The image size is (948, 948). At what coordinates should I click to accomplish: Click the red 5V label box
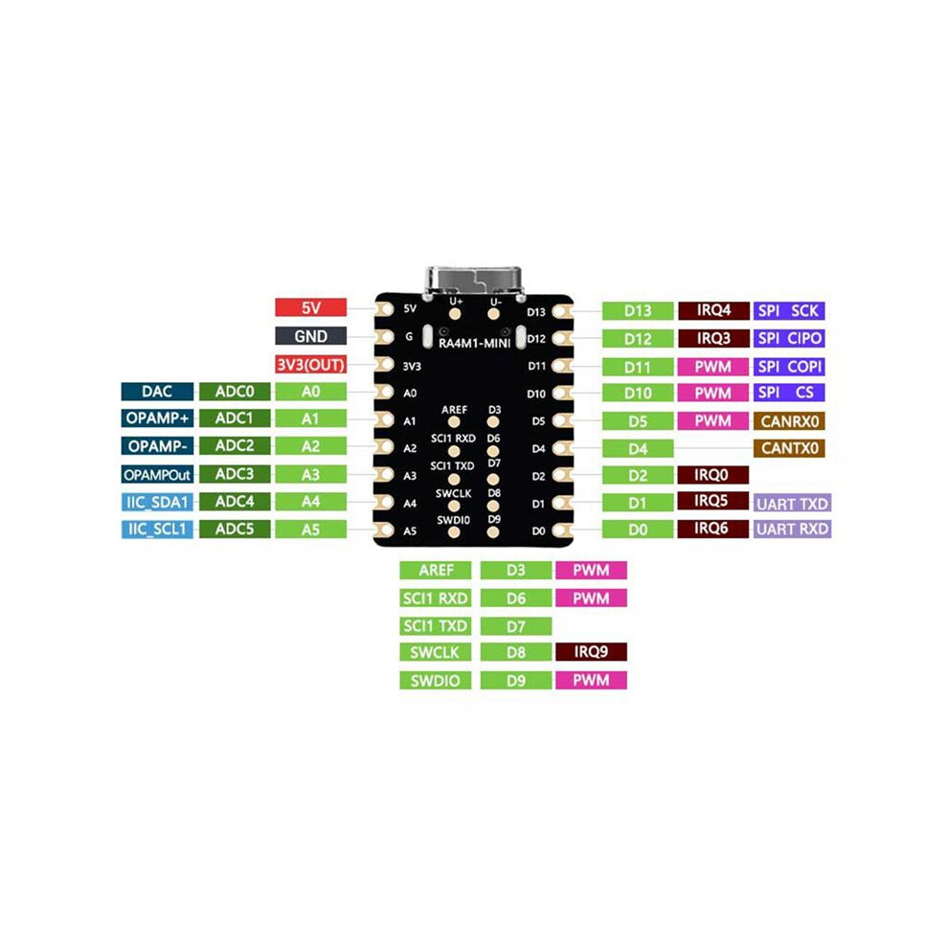pyautogui.click(x=311, y=307)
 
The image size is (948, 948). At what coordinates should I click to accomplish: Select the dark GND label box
pyautogui.click(x=311, y=336)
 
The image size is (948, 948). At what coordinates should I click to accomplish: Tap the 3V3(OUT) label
pyautogui.click(x=311, y=365)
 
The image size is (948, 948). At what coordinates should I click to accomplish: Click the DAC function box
pyautogui.click(x=157, y=392)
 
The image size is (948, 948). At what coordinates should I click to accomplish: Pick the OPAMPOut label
pyautogui.click(x=157, y=475)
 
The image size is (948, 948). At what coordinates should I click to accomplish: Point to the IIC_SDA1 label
pyautogui.click(x=157, y=502)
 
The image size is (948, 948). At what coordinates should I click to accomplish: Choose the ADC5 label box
pyautogui.click(x=235, y=529)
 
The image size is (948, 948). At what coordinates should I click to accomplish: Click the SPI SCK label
pyautogui.click(x=788, y=311)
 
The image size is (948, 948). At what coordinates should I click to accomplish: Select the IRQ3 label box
pyautogui.click(x=713, y=338)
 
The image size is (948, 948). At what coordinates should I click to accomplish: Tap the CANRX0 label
pyautogui.click(x=789, y=420)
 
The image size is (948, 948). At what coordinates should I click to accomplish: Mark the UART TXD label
pyautogui.click(x=792, y=503)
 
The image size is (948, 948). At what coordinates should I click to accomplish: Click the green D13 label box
pyautogui.click(x=638, y=311)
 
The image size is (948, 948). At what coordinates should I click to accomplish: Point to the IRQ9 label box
pyautogui.click(x=591, y=652)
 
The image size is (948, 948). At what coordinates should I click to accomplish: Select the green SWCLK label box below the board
pyautogui.click(x=436, y=652)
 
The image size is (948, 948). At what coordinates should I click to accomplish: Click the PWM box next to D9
pyautogui.click(x=591, y=680)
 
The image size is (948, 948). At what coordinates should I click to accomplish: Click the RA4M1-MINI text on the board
pyautogui.click(x=475, y=344)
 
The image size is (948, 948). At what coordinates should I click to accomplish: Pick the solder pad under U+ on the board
pyautogui.click(x=455, y=314)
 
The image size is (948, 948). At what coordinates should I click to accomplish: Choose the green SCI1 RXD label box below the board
pyautogui.click(x=436, y=598)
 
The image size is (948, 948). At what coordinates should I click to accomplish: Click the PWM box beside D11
pyautogui.click(x=713, y=367)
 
